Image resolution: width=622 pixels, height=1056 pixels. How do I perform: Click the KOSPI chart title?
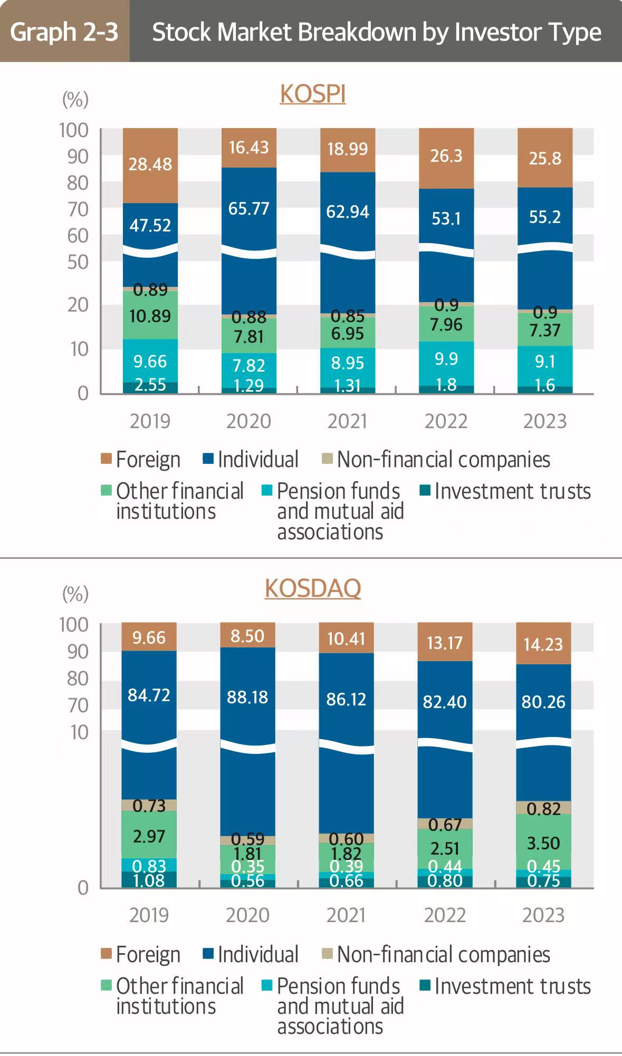[313, 94]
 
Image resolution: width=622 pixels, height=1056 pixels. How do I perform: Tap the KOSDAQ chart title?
[313, 588]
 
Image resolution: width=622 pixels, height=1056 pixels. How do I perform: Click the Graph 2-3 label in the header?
[64, 32]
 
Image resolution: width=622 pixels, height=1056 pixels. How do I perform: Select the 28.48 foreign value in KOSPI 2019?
[150, 164]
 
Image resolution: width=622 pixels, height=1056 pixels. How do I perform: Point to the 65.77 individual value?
[248, 209]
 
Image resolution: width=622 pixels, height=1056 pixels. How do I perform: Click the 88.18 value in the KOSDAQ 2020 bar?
[247, 697]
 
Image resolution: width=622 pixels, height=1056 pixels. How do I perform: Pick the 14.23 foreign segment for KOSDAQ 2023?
[543, 644]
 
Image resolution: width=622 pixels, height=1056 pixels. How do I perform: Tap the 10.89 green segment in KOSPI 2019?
[150, 316]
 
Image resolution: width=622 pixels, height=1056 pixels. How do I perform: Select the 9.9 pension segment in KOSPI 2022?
[446, 359]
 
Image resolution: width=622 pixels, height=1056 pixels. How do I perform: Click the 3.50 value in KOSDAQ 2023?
[543, 843]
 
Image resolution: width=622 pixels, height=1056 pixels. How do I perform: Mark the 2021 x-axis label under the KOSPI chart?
[347, 421]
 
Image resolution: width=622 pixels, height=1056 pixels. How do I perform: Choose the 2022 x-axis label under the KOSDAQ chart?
[445, 915]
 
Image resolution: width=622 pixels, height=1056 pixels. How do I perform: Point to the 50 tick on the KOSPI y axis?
[78, 262]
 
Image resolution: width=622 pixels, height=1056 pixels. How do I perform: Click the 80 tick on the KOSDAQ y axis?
[78, 679]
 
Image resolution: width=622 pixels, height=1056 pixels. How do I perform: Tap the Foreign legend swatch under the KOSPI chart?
[106, 459]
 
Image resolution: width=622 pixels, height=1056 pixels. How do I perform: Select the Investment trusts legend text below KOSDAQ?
[512, 986]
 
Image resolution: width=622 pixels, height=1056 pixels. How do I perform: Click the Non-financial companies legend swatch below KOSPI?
[327, 459]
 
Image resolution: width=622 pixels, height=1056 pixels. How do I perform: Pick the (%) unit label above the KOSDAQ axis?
[75, 594]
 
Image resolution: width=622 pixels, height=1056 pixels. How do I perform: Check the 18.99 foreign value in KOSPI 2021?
[347, 149]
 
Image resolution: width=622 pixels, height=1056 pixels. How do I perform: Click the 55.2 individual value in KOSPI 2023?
[544, 217]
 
